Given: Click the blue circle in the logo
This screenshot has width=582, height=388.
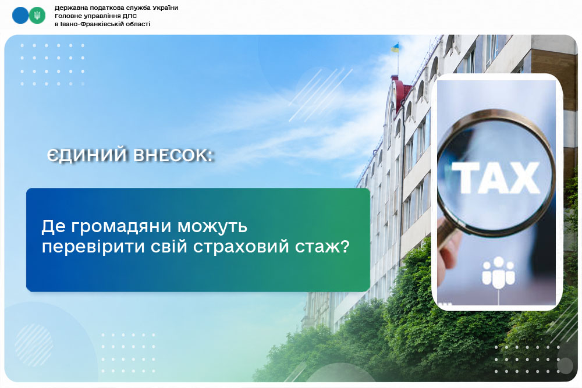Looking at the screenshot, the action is [20, 16].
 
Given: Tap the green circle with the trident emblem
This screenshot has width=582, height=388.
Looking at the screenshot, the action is [37, 16].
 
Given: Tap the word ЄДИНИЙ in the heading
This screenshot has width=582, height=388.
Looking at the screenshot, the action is [88, 155].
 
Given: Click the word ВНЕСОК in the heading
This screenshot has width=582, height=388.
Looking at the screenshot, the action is [172, 155].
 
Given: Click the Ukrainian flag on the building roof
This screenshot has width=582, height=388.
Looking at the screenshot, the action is [395, 48].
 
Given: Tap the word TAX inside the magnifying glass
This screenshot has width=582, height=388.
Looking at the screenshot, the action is [495, 177].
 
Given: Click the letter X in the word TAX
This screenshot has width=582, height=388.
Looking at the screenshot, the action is [524, 177].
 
